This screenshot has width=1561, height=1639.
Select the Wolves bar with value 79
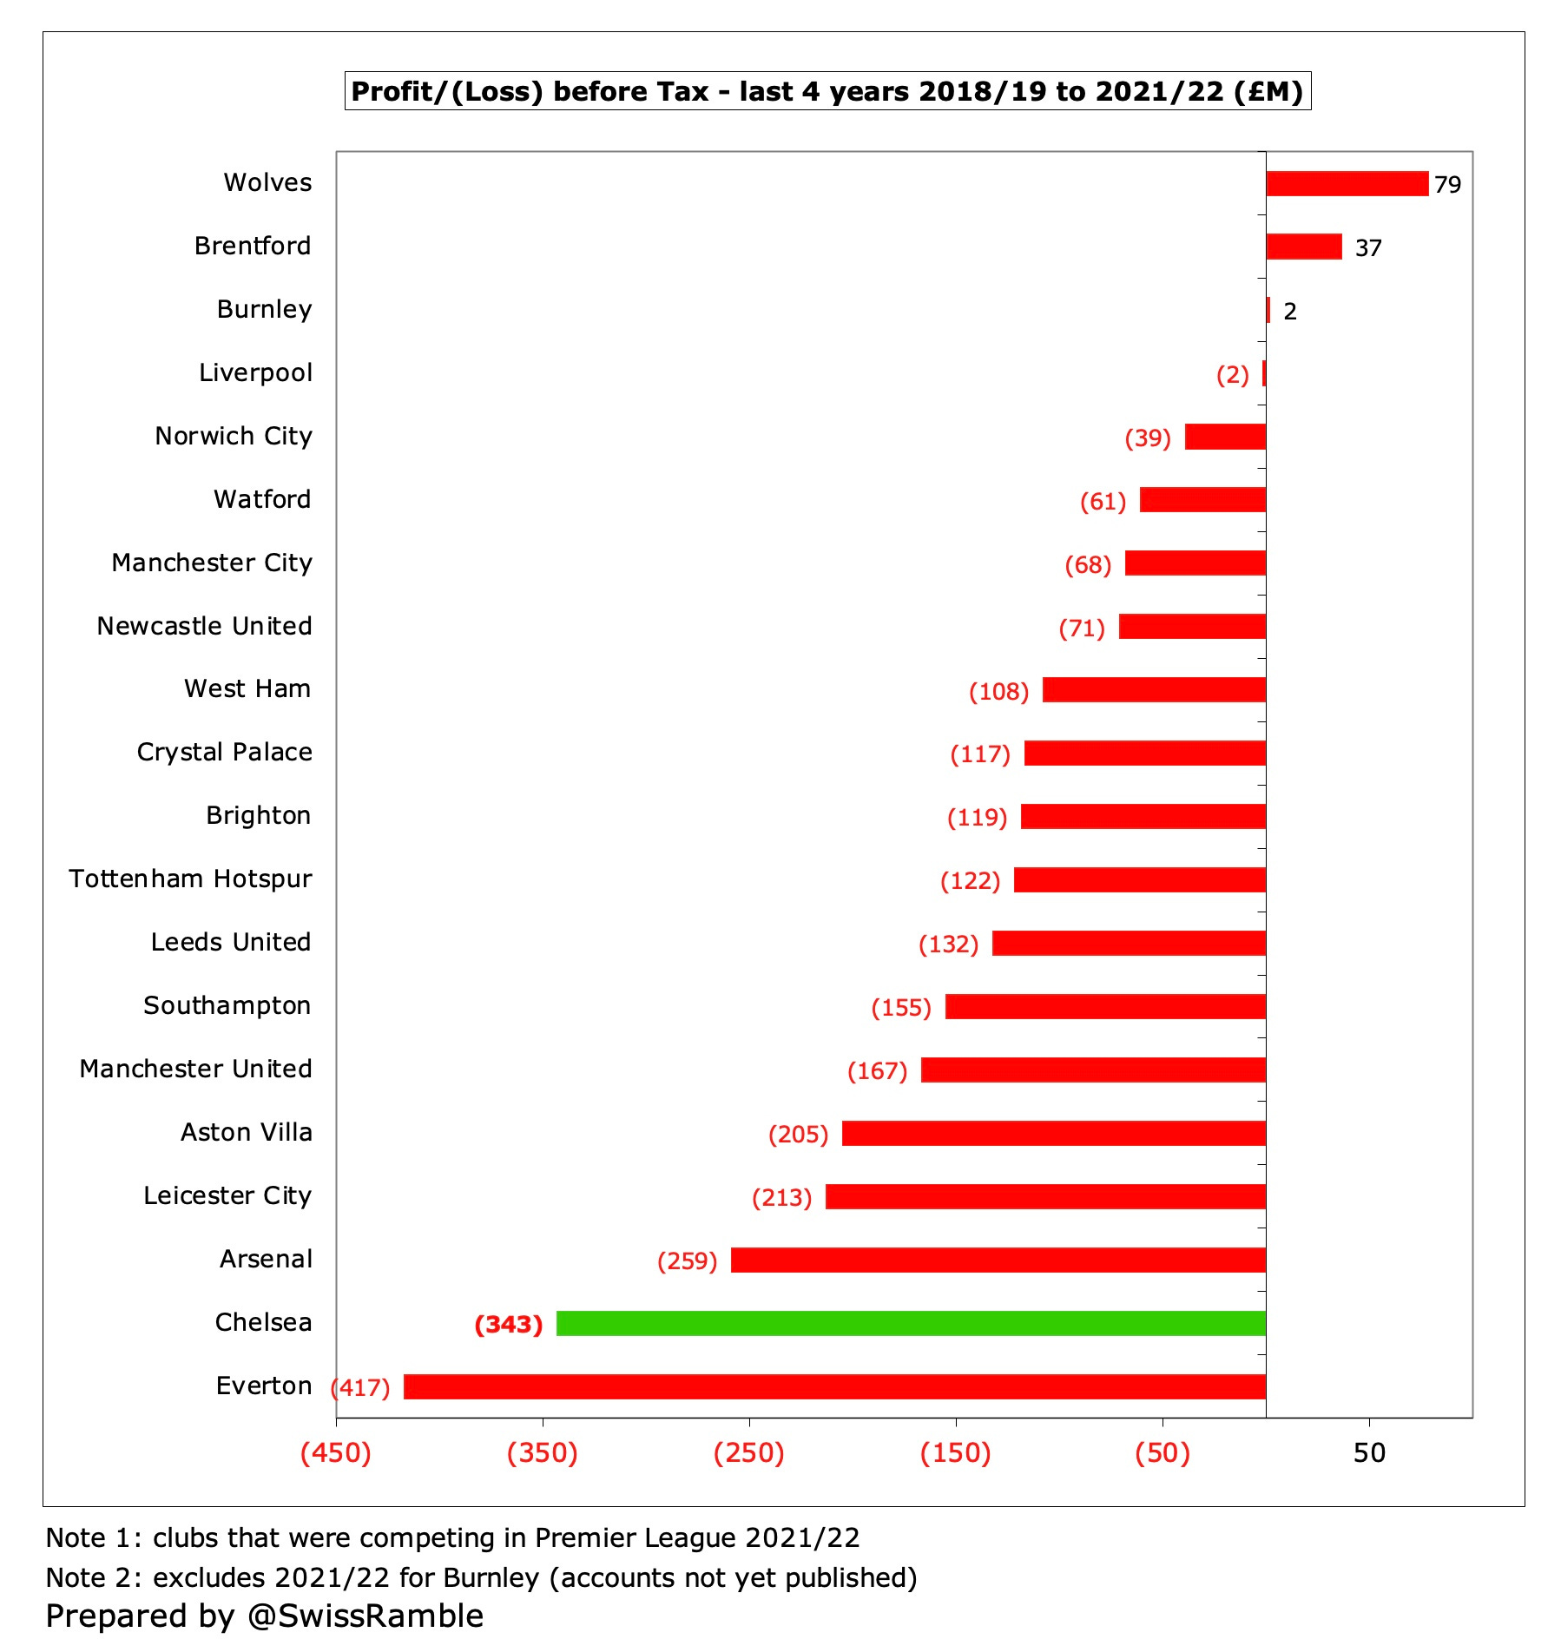click(x=1346, y=184)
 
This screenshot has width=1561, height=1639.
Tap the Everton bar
click(x=833, y=1386)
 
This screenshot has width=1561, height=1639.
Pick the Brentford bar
click(x=1303, y=247)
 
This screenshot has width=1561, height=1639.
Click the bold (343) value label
click(x=509, y=1325)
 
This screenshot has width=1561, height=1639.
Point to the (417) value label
click(x=361, y=1387)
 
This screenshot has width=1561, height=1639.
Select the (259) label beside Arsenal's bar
click(x=687, y=1261)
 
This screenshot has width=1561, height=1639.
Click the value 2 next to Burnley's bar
click(x=1289, y=312)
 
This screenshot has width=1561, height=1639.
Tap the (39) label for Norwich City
click(x=1147, y=438)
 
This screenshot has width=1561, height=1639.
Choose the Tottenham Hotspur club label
click(x=190, y=879)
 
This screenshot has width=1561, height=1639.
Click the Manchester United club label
click(x=195, y=1069)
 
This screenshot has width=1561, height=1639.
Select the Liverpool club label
click(x=255, y=372)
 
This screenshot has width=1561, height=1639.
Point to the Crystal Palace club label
click(x=224, y=752)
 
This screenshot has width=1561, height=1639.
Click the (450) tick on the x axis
click(x=335, y=1453)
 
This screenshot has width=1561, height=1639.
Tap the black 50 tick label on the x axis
click(x=1369, y=1453)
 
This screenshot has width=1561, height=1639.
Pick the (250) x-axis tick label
click(x=748, y=1453)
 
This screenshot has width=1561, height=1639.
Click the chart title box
click(x=827, y=91)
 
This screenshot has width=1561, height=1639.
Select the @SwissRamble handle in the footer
click(x=365, y=1616)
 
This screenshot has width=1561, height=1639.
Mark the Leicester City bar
click(x=1044, y=1196)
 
